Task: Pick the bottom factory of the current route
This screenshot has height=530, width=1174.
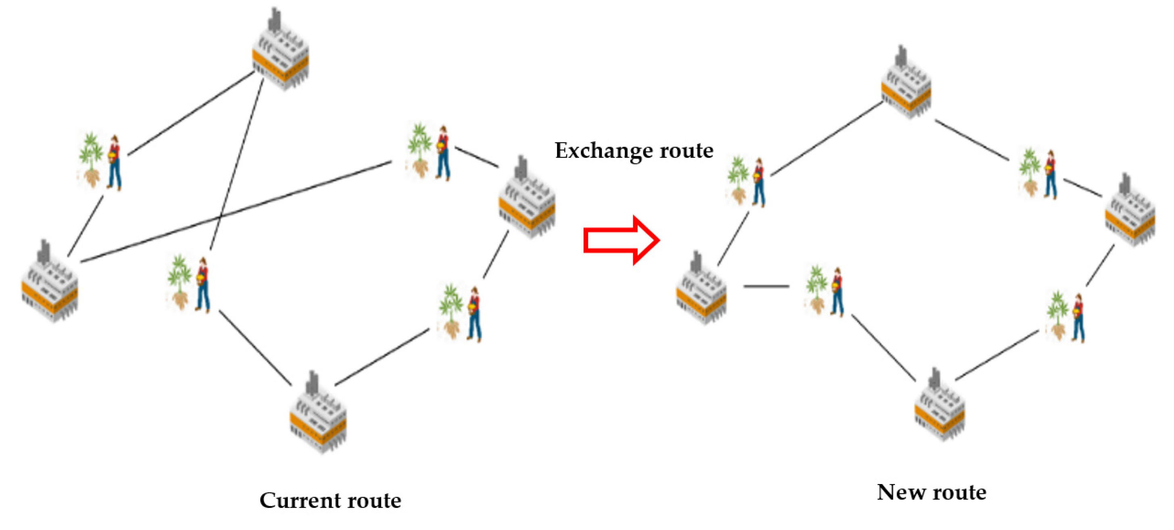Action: pos(318,415)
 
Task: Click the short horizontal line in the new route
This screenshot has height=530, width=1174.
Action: pos(766,286)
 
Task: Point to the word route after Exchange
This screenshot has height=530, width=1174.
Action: pos(686,150)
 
